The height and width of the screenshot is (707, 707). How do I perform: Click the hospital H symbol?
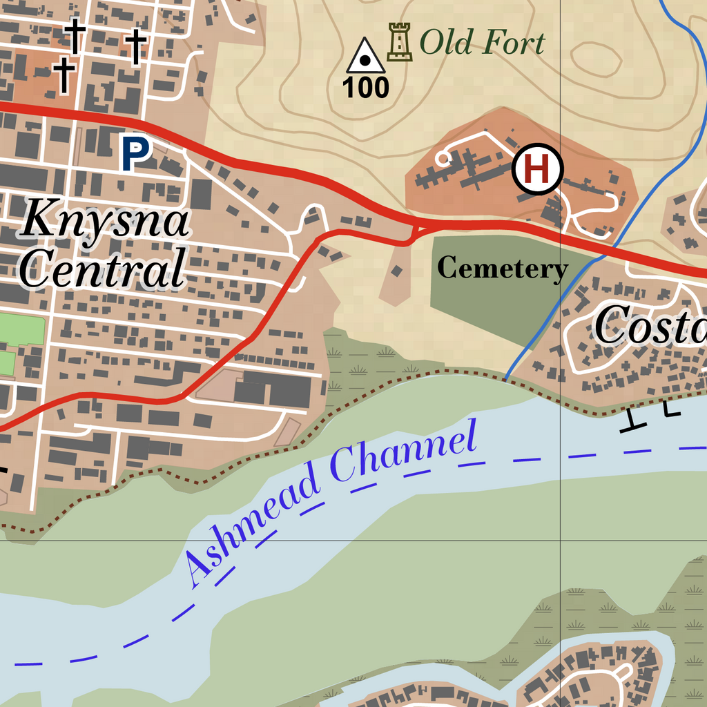pos(538,168)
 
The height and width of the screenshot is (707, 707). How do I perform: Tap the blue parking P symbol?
pos(136,153)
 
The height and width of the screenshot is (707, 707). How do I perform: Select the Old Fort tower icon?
pos(399,42)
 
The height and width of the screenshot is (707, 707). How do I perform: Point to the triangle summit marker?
pos(366,57)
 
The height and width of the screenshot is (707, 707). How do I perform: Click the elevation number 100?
pos(366,88)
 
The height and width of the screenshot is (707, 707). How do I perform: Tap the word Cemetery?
pos(503,268)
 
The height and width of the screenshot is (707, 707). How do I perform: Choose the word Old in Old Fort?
pos(445,43)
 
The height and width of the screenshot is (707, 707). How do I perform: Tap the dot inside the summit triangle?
pos(366,61)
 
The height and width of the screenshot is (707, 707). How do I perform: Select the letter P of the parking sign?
pos(136,153)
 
